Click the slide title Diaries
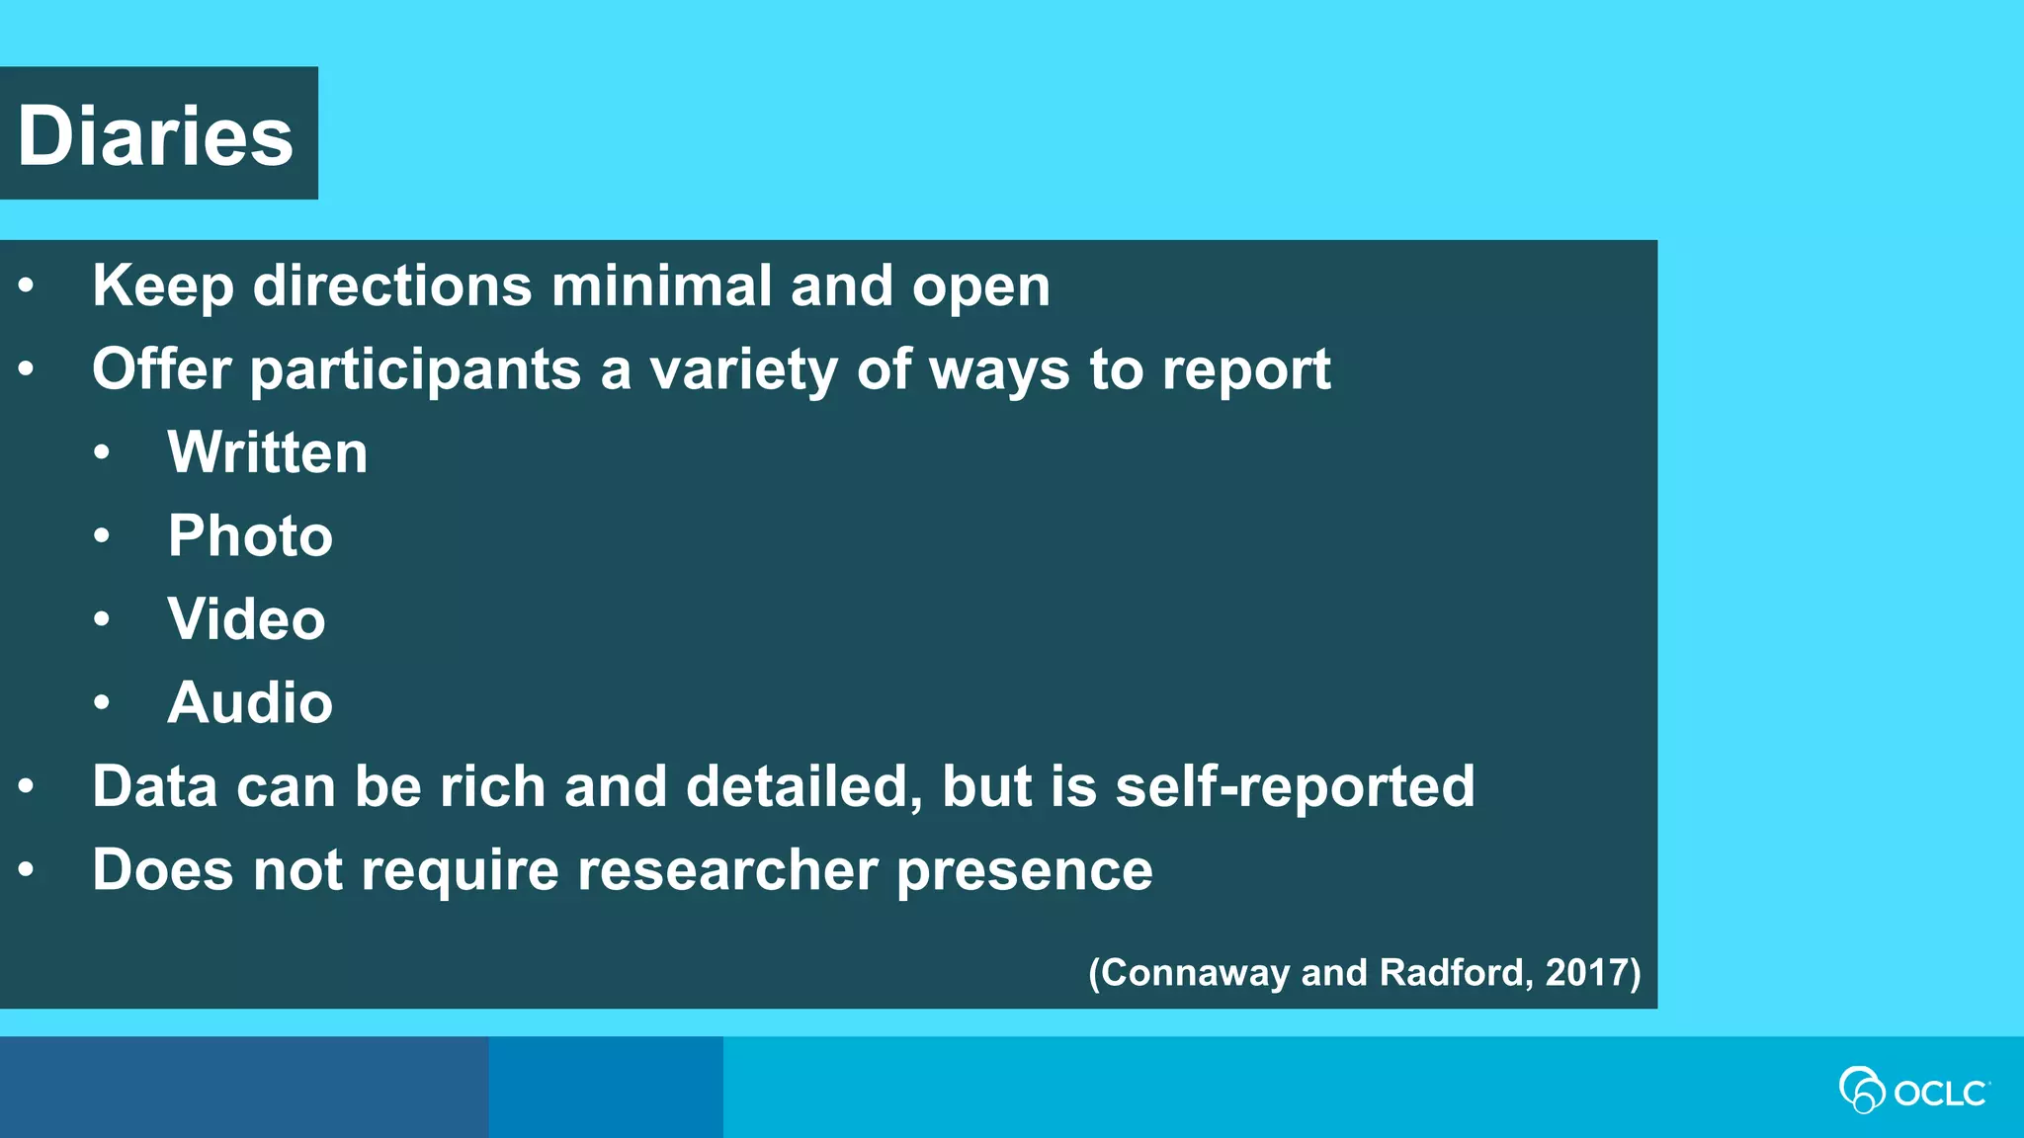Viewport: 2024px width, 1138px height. click(156, 136)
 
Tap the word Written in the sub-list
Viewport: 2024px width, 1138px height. click(267, 452)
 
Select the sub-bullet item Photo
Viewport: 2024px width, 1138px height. click(250, 535)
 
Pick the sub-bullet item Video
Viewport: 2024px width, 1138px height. click(246, 619)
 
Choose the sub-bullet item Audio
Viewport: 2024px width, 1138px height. click(250, 702)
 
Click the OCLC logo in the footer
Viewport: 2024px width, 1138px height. click(1913, 1091)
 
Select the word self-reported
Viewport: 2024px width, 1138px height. click(1295, 786)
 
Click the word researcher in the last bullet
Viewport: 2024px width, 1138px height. click(727, 870)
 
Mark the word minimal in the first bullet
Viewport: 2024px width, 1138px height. click(661, 286)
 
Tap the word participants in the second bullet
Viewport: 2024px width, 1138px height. click(415, 370)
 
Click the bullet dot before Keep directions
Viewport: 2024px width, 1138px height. click(27, 286)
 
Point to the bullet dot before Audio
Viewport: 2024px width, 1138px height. click(102, 702)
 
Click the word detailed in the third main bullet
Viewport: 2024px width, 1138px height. click(803, 786)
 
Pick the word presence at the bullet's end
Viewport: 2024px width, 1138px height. click(1025, 870)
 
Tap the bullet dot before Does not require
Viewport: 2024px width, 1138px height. click(27, 870)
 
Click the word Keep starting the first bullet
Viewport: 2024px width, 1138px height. click(163, 286)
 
